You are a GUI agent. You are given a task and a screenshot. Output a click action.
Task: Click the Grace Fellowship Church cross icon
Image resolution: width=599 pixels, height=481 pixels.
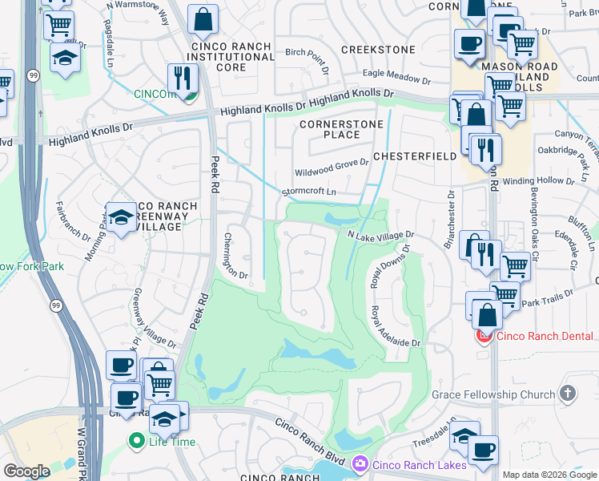(568, 394)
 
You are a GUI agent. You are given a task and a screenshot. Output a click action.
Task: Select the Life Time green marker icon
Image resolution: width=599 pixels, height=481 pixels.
(136, 440)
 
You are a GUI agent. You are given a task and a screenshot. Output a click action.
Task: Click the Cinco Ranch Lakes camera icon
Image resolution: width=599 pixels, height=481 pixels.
(360, 463)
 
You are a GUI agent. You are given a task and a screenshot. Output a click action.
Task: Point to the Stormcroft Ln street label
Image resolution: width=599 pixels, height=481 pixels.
(308, 192)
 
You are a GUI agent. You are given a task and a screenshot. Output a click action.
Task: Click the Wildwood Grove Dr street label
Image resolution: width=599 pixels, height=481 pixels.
(331, 168)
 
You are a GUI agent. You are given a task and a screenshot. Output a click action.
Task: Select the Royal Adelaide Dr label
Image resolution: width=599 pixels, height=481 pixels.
(395, 325)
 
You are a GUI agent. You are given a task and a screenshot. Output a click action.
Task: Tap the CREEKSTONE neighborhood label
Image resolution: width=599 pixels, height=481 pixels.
(378, 50)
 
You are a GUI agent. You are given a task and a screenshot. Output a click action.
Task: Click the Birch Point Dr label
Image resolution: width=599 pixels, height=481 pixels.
(307, 59)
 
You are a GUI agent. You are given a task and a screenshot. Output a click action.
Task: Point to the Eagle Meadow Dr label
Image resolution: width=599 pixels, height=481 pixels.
(396, 76)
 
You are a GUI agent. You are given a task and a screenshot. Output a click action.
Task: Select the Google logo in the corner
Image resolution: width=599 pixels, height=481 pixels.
(27, 471)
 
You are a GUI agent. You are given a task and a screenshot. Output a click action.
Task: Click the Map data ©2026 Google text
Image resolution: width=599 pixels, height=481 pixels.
(549, 475)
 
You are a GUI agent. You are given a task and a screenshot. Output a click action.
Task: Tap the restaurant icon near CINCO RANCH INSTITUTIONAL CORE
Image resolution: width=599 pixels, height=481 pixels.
(183, 78)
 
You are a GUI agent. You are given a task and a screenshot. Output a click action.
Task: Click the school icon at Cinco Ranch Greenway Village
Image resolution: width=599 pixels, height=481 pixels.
(121, 216)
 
